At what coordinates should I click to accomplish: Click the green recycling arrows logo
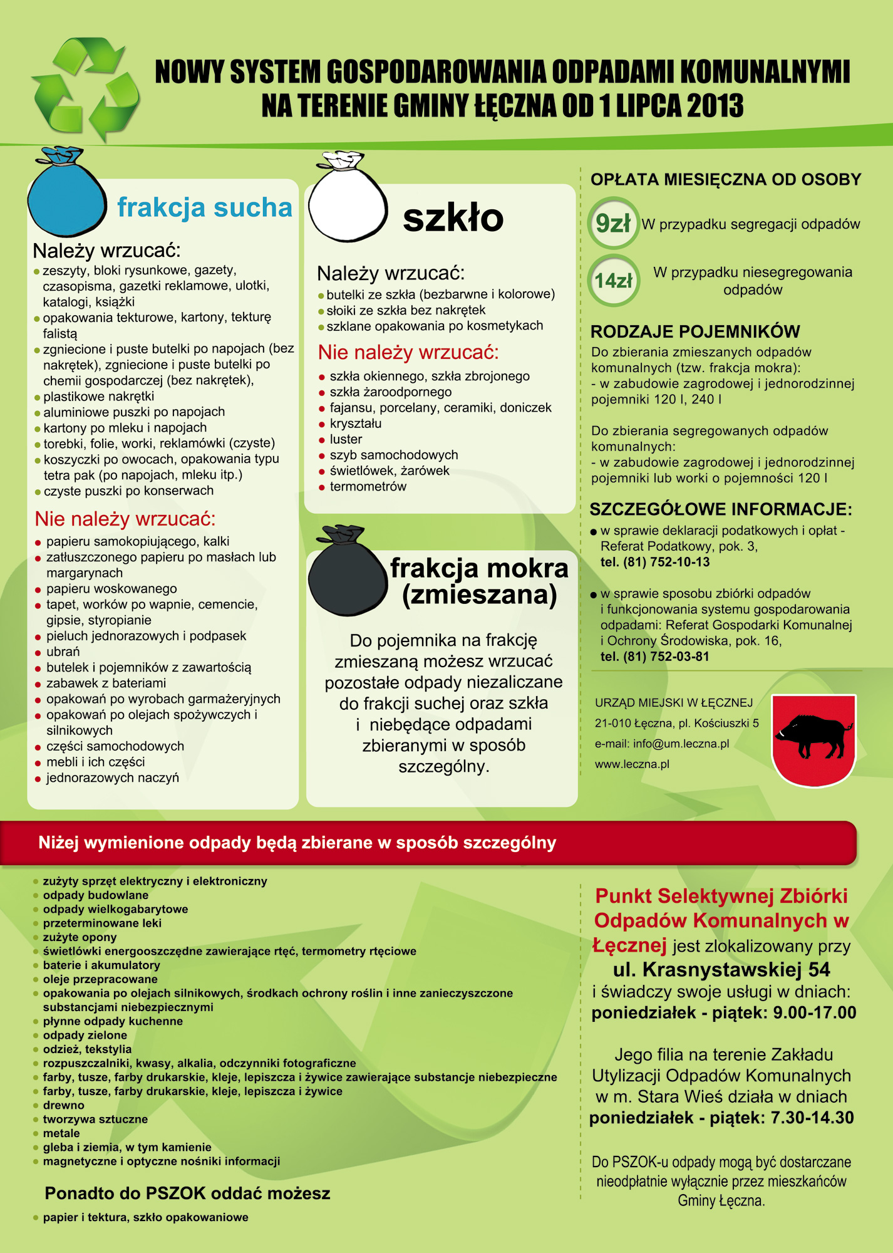click(x=86, y=88)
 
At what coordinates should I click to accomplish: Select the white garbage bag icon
click(x=348, y=200)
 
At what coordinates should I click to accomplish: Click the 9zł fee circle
click(x=613, y=223)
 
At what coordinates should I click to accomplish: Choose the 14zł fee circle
click(x=613, y=281)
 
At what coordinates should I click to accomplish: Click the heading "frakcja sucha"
click(x=204, y=207)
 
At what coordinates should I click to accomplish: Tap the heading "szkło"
click(x=453, y=218)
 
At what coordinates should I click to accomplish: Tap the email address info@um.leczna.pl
click(x=681, y=744)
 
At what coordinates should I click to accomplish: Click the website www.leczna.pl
click(x=632, y=764)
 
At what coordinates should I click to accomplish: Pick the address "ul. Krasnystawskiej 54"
click(x=721, y=969)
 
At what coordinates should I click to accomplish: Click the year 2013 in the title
click(x=715, y=105)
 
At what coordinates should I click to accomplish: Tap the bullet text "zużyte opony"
click(x=80, y=937)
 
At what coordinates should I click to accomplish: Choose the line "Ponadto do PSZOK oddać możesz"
click(x=187, y=1193)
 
